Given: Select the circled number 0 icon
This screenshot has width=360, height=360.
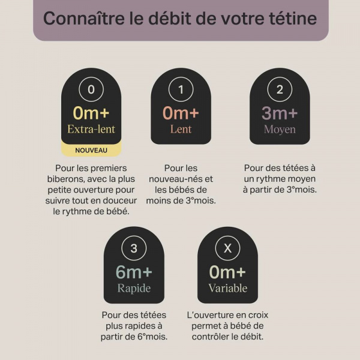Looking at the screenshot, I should [91, 90].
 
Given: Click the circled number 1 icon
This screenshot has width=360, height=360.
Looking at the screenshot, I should [181, 90].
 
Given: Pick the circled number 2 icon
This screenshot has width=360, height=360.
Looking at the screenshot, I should [280, 90].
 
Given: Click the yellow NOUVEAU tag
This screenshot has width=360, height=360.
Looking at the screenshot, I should [91, 150].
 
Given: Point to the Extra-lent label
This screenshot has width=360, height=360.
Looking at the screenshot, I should [91, 129].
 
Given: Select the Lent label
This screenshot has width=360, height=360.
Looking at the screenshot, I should [181, 129].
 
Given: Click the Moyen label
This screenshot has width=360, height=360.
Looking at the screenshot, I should [280, 129].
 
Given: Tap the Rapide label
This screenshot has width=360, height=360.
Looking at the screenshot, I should [134, 288].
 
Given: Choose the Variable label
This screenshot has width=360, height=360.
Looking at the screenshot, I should [227, 288].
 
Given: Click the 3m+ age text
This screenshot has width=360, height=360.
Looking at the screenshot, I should [280, 113].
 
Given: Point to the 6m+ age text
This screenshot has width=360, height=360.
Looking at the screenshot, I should [134, 272].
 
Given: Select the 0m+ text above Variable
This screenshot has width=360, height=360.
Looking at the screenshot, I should [227, 272].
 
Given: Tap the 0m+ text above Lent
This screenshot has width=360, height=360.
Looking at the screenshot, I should [181, 113].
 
